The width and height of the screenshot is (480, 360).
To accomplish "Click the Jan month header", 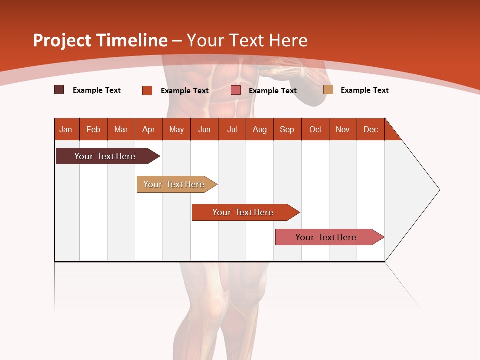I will tap(66, 130).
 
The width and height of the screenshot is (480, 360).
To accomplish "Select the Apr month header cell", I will tap(149, 130).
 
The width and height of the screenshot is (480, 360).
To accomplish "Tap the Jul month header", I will tap(232, 130).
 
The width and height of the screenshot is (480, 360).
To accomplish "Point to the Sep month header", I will tap(287, 130).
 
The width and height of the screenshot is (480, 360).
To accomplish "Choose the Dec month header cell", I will tap(370, 130).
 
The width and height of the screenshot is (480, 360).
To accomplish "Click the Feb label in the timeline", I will tap(93, 130).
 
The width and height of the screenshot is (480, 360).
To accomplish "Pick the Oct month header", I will tap(315, 130).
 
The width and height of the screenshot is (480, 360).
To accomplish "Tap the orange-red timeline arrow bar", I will tap(243, 212).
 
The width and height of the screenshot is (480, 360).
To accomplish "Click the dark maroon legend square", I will tap(59, 90).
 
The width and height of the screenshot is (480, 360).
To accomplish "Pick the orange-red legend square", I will tap(147, 90).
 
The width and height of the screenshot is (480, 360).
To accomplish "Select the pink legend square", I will tap(236, 90).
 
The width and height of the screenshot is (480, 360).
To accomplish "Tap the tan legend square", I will tap(328, 90).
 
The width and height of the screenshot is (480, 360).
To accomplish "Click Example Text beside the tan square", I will tap(364, 90).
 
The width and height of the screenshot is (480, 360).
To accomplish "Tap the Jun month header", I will tap(204, 130).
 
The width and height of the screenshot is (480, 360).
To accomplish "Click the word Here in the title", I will tap(288, 40).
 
